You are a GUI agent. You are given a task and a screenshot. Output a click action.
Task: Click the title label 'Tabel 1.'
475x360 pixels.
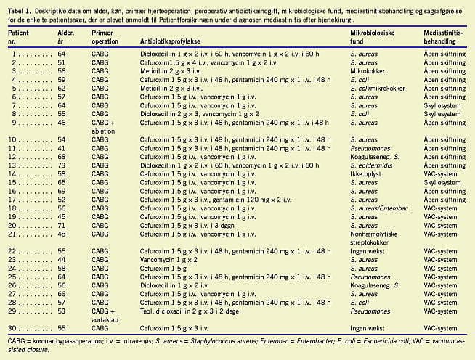(x=20, y=7)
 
